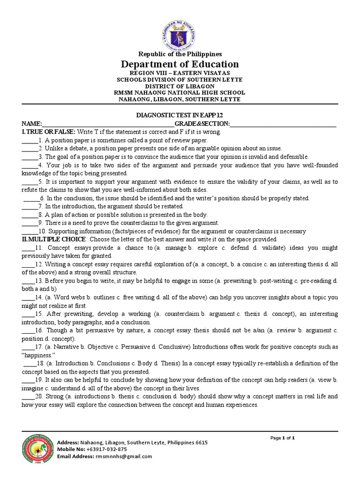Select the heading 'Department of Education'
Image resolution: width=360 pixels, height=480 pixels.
[180, 64]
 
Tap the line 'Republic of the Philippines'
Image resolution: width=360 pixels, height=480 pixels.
[180, 54]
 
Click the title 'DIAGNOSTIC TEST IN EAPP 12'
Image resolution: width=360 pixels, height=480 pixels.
[180, 116]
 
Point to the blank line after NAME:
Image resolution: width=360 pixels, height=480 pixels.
[108, 124]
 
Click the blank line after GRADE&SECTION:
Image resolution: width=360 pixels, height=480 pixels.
[283, 124]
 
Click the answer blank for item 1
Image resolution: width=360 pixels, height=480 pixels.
[29, 141]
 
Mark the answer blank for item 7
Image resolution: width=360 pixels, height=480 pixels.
[29, 206]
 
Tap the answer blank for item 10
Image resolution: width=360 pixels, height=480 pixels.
[29, 232]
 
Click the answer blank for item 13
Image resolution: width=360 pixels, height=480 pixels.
[27, 281]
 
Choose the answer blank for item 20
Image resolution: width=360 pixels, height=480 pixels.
[27, 397]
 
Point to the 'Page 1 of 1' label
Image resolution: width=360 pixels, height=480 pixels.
[283, 438]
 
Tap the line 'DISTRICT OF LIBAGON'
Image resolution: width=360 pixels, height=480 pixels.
[180, 86]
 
